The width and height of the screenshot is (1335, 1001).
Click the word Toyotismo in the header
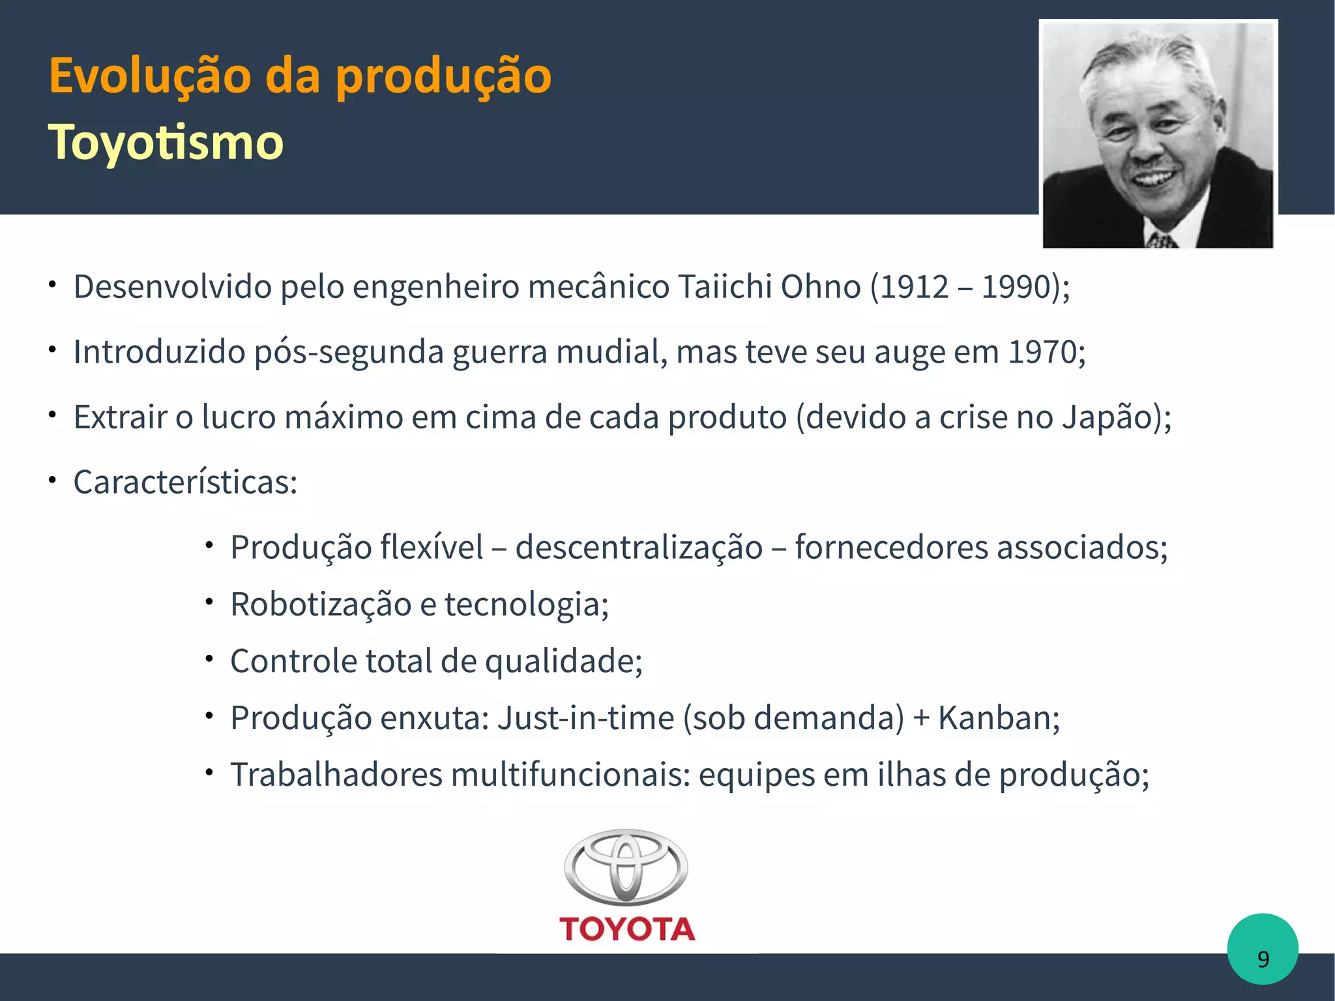click(166, 142)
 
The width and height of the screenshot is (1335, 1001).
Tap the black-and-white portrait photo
click(1158, 134)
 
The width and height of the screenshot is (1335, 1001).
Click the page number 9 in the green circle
click(1263, 959)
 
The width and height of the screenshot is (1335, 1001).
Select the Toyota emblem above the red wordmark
click(626, 867)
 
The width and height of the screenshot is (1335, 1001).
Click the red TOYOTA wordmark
click(627, 929)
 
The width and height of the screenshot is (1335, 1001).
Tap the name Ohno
click(821, 287)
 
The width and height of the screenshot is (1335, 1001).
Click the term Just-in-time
click(585, 718)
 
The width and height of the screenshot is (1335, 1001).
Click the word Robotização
click(321, 604)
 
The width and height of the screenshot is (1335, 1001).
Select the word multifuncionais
click(570, 775)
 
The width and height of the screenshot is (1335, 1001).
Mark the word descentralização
click(639, 547)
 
